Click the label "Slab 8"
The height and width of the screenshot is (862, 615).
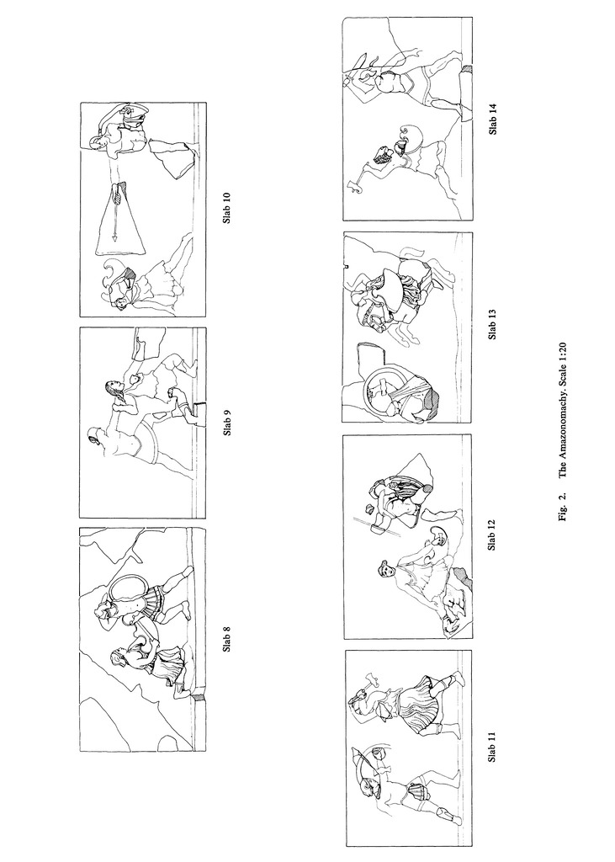227,640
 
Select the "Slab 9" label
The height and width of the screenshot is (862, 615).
227,423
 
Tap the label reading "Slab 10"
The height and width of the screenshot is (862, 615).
227,207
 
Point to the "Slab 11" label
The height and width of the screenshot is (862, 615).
492,747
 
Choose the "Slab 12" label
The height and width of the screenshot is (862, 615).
492,535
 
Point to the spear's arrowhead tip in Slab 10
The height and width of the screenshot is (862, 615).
115,240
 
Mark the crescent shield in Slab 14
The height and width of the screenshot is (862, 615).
411,137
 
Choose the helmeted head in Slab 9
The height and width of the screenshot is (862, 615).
94,437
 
